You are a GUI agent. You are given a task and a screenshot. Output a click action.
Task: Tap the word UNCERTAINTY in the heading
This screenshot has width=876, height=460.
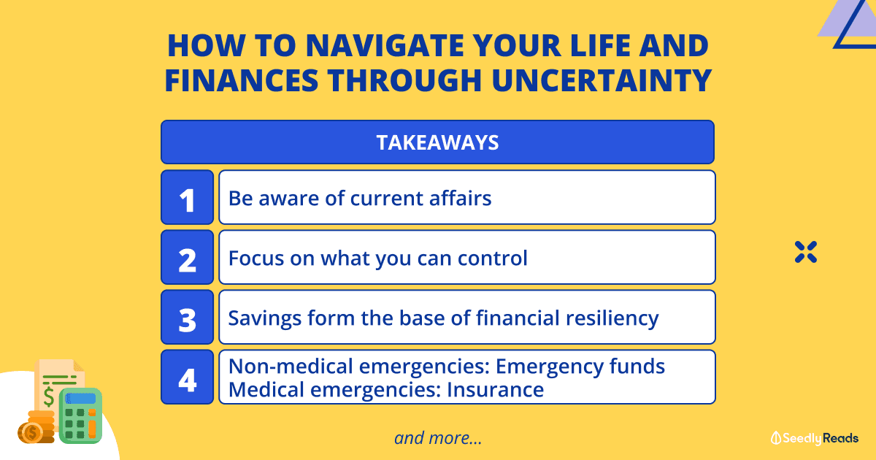(x=602, y=80)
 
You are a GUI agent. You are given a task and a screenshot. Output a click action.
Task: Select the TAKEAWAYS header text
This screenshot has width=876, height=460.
(x=437, y=142)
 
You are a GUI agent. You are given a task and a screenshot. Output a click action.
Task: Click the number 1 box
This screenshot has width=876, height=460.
(x=188, y=197)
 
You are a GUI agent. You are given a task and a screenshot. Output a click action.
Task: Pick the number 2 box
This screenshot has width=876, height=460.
(x=188, y=257)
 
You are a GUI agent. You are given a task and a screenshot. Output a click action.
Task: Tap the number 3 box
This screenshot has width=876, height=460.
(x=188, y=317)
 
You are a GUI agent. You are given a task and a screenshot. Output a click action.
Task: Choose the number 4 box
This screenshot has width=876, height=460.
(x=188, y=377)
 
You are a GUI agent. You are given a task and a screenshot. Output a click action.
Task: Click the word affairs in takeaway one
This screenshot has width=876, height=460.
(x=461, y=198)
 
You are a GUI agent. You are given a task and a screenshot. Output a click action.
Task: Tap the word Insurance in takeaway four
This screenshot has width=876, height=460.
(x=495, y=390)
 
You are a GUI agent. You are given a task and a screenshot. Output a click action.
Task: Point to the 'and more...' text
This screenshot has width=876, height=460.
(x=438, y=438)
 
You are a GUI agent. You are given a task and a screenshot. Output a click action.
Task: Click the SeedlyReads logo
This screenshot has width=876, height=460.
(x=815, y=438)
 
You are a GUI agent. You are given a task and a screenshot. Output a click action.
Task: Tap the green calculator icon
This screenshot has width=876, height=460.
(x=80, y=415)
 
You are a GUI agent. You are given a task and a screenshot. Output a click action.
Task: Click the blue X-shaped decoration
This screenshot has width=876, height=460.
(x=806, y=252)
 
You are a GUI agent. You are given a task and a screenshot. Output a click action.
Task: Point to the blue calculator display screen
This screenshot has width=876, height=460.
(x=80, y=399)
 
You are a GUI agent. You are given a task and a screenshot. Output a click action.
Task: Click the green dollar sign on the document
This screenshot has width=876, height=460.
(x=48, y=396)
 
